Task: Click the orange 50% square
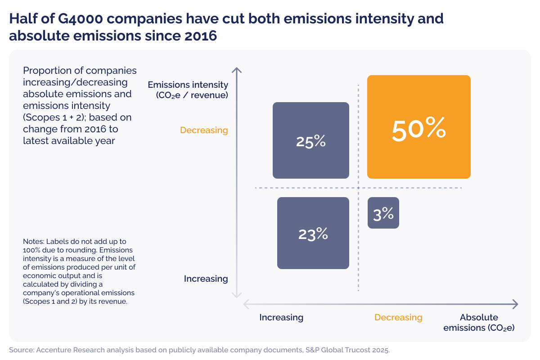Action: (418, 127)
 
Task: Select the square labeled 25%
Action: (311, 140)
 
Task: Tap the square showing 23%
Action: (313, 233)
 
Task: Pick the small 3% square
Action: (383, 213)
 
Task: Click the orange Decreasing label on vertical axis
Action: (204, 130)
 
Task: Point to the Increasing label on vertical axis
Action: (206, 279)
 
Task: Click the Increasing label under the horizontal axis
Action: (281, 317)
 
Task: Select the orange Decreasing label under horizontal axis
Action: (398, 317)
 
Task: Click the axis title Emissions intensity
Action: (188, 85)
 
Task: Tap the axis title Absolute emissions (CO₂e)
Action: (479, 323)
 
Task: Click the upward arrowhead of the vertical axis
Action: (237, 70)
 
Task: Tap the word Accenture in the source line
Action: (50, 350)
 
